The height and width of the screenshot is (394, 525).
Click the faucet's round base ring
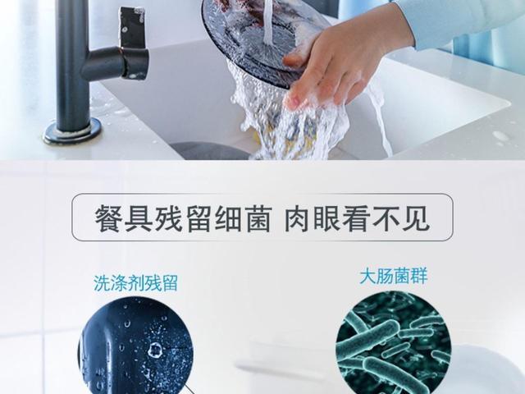click(x=72, y=131)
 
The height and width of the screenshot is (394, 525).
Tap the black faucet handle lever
click(x=132, y=28)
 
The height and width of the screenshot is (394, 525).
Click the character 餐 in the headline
click(x=108, y=219)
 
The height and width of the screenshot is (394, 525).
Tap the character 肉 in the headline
click(x=298, y=219)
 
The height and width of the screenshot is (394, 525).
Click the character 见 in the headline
click(x=416, y=219)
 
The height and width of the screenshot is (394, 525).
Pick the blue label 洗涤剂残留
click(x=135, y=283)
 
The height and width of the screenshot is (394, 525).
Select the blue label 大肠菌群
click(x=394, y=277)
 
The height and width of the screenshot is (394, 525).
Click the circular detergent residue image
click(x=136, y=346)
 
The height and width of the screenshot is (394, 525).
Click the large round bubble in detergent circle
click(x=155, y=350)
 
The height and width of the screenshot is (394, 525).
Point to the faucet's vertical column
click(x=71, y=64)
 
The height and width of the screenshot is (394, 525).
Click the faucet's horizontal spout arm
click(x=114, y=63)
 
